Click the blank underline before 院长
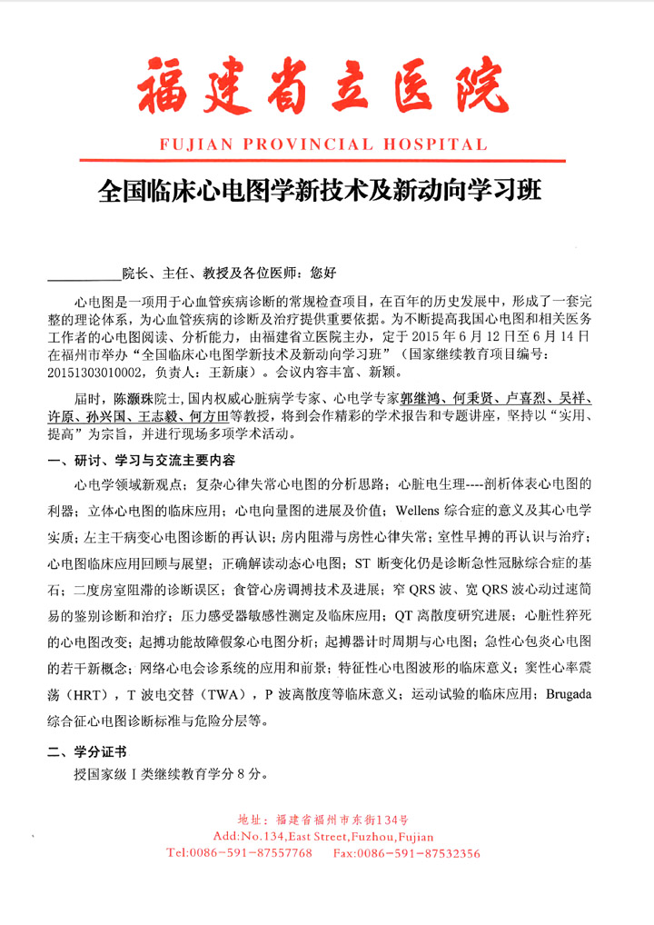tap(84, 271)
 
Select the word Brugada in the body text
tap(569, 695)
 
